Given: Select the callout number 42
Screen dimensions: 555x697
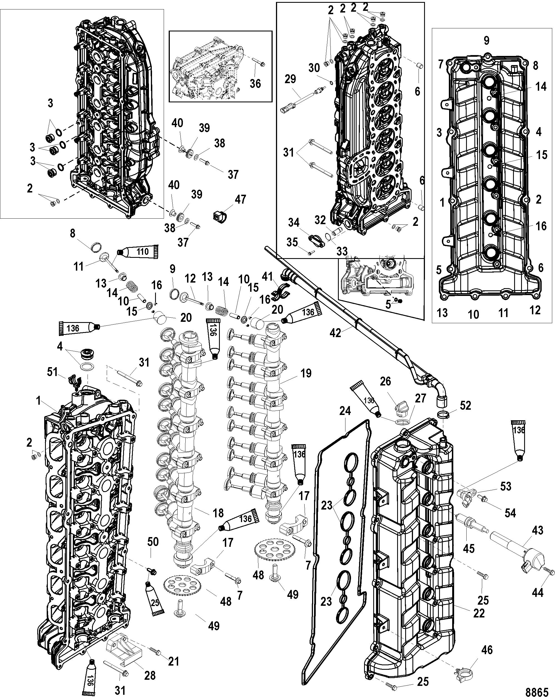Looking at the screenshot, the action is click(335, 333).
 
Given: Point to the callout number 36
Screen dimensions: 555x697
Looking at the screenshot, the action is click(255, 84).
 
